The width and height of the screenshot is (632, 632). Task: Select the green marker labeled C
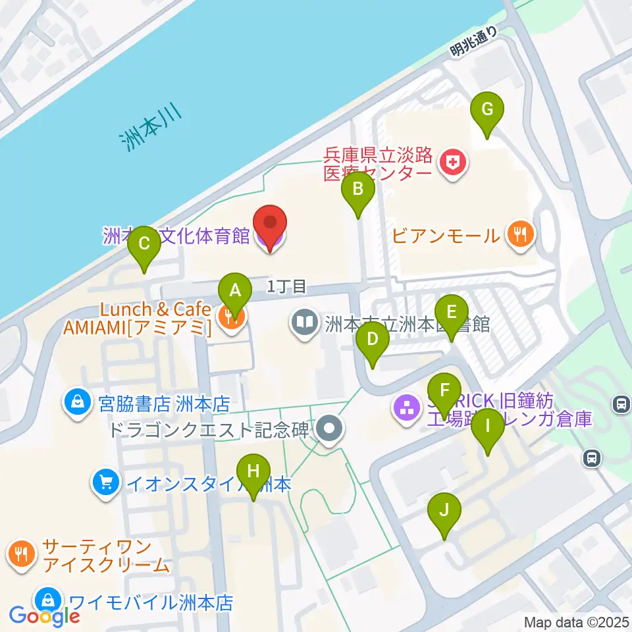pyautogui.click(x=144, y=246)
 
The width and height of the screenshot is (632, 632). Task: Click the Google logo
pyautogui.click(x=44, y=616)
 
